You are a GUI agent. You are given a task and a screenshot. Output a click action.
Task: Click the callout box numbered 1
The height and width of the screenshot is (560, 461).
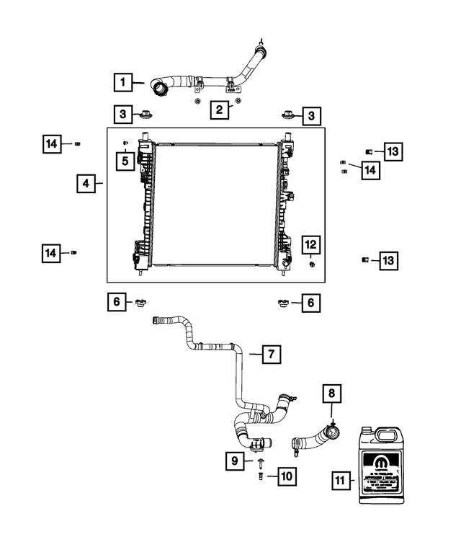123,83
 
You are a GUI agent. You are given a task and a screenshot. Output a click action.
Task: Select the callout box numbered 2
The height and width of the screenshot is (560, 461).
220,110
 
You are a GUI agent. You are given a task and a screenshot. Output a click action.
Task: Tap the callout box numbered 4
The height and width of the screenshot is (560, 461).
86,185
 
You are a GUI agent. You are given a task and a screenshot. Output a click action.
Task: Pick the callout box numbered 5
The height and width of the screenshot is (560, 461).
125,160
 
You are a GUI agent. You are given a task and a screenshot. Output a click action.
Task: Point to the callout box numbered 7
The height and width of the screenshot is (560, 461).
271,354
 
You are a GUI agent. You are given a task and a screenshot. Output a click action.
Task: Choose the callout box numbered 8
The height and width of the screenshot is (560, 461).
331,394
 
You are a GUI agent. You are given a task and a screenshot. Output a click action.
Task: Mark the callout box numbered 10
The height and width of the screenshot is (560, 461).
286,476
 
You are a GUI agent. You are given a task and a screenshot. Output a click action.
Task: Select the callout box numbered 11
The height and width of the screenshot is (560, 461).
343,479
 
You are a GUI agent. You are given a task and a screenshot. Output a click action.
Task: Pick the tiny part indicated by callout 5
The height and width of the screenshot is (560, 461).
125,141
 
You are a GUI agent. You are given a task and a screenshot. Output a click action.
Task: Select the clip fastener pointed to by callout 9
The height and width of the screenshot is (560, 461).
259,461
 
